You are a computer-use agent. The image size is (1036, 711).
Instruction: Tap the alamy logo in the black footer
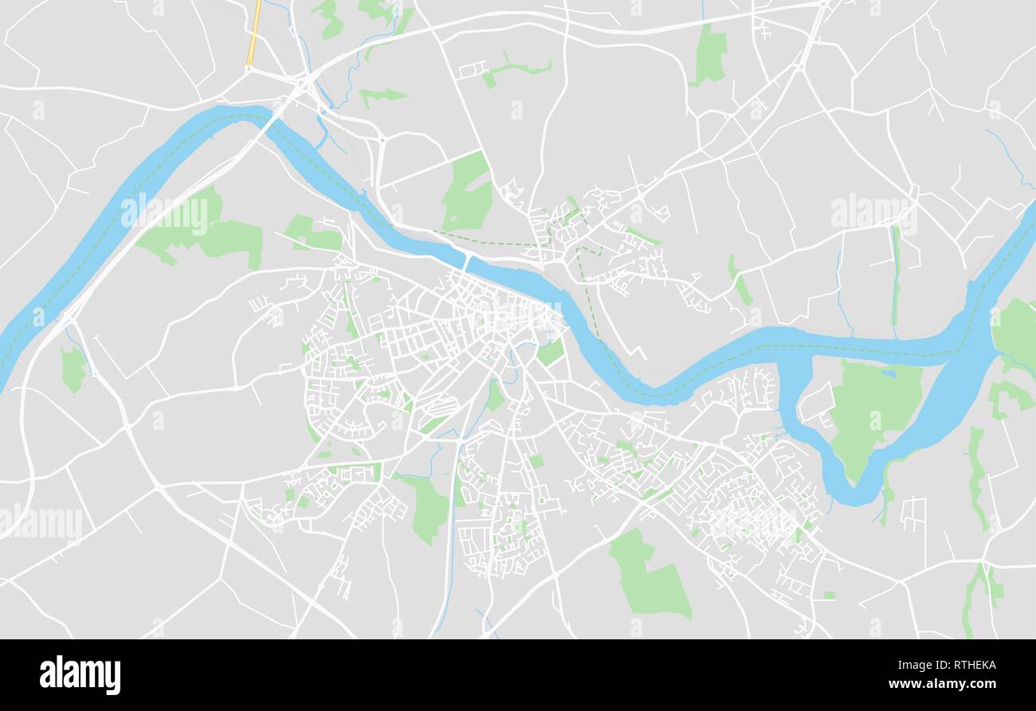80,674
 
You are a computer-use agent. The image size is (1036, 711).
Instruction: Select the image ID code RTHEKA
967,666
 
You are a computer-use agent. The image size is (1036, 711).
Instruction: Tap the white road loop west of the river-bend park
814,402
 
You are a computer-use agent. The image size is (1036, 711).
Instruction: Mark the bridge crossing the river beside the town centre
465,262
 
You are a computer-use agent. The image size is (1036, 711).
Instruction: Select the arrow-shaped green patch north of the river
383,96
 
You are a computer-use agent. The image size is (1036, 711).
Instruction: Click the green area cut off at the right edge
1016,330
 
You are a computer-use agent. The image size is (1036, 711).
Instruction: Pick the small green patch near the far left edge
73,369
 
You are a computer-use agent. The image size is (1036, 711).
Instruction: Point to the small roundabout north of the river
382,141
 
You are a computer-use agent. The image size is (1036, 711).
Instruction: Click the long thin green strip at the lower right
975,478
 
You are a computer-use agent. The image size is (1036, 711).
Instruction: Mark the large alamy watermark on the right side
873,213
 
